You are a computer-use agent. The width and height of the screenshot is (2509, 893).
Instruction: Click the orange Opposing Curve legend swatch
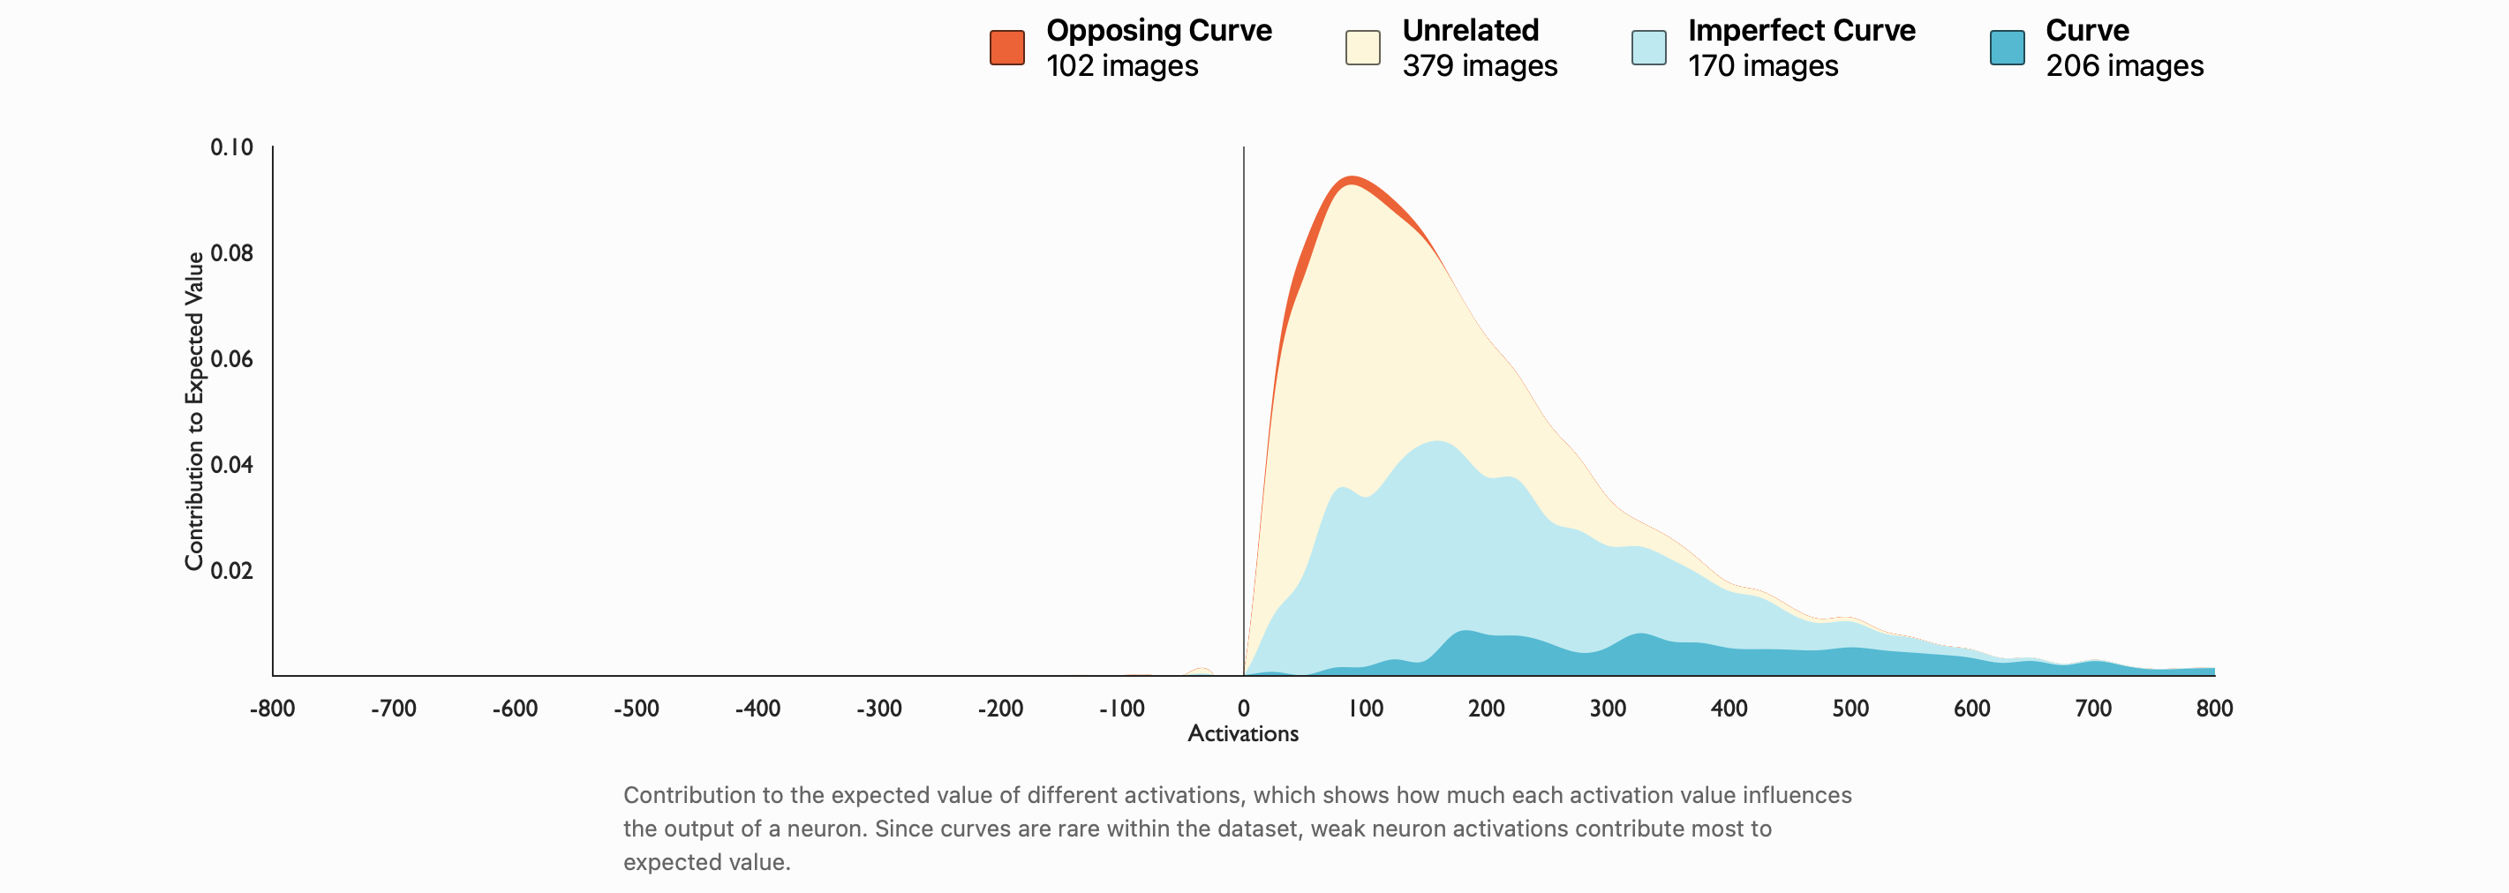[x=1006, y=48]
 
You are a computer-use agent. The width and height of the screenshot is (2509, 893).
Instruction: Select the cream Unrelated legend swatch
[x=1362, y=48]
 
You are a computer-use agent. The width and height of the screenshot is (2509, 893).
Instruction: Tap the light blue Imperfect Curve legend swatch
[x=1648, y=48]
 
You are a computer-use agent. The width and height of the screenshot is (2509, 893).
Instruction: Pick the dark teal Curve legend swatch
[x=2007, y=48]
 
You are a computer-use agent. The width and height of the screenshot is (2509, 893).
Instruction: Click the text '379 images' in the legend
[x=1480, y=65]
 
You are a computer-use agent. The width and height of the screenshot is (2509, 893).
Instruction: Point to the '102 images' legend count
[x=1122, y=65]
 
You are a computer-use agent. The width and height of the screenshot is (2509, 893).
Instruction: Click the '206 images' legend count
[x=2124, y=65]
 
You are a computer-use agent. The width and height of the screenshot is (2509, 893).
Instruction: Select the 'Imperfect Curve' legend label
[x=1801, y=30]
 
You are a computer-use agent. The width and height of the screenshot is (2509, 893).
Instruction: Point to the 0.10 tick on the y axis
[x=232, y=147]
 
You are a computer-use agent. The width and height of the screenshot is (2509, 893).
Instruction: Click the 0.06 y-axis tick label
[x=232, y=359]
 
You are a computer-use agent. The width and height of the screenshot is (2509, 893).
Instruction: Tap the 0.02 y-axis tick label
[x=232, y=571]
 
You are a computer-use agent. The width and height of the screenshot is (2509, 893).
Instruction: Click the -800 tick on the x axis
[x=273, y=708]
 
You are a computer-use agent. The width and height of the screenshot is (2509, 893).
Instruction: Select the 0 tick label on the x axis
[x=1244, y=708]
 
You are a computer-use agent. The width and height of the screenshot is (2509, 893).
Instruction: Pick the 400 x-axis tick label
[x=1729, y=708]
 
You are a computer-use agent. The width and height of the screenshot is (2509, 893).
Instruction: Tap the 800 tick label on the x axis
[x=2214, y=708]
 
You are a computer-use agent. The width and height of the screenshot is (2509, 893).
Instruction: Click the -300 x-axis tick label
[x=879, y=708]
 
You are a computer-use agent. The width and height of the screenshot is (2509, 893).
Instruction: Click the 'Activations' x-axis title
[x=1243, y=733]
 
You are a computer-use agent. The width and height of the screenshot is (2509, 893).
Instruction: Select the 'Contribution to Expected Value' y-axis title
[x=195, y=411]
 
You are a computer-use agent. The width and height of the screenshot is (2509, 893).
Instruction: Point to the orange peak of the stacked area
[x=1352, y=179]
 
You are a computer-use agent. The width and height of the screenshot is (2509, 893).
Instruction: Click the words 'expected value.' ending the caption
[x=707, y=862]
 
